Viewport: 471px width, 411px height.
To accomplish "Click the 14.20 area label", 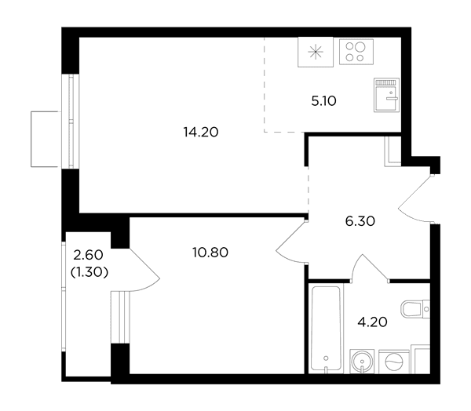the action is coord(201,132).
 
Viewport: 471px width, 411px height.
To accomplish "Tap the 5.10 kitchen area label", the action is coord(323,101).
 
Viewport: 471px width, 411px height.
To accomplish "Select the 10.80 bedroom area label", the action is coord(210,253).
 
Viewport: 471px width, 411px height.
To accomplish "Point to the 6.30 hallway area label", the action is coord(360,221).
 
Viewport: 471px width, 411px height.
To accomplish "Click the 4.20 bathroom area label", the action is coord(372,322).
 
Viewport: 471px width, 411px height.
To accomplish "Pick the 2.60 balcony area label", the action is coord(88,255).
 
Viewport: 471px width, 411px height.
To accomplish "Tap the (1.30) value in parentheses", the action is coord(89,272).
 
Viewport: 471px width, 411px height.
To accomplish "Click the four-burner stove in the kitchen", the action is coord(356,52).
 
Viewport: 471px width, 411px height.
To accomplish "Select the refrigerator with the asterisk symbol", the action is coord(316,52).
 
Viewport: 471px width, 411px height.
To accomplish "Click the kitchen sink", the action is coord(386,95).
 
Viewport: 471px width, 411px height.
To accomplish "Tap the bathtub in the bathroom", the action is coord(326,328).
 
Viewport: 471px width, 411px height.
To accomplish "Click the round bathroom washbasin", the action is coord(362,362).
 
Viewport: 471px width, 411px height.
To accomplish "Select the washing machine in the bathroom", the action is coord(394,362).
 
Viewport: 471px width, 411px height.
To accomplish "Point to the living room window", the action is coord(71,121).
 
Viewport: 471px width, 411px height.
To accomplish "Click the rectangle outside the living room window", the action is coord(45,139).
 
